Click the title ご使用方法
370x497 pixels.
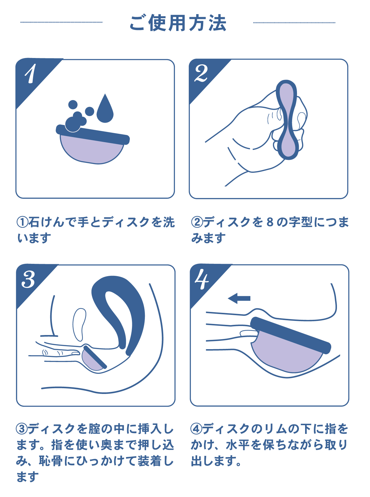pyautogui.click(x=178, y=23)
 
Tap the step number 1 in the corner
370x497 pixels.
pyautogui.click(x=31, y=74)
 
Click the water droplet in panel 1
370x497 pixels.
pyautogui.click(x=105, y=108)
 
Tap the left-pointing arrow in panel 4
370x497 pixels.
pyautogui.click(x=239, y=298)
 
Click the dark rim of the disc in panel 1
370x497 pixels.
pyautogui.click(x=93, y=135)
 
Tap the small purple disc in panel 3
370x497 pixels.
pyautogui.click(x=93, y=358)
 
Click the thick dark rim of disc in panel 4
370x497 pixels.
pyautogui.click(x=290, y=335)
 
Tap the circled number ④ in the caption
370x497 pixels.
pyautogui.click(x=196, y=429)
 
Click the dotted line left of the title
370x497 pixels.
pyautogui.click(x=61, y=22)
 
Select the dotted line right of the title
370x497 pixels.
pyautogui.click(x=295, y=23)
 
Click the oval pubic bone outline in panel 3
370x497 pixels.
pyautogui.click(x=79, y=325)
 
